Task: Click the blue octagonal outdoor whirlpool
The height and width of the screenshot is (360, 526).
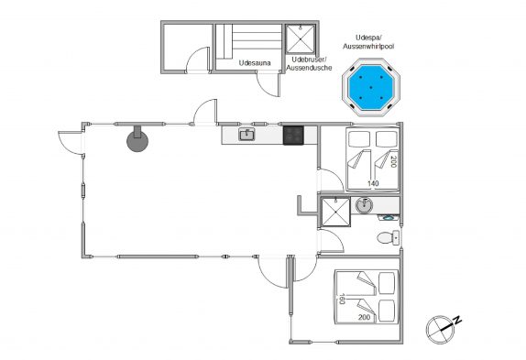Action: click(371, 88)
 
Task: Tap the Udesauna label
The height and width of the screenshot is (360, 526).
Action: click(255, 62)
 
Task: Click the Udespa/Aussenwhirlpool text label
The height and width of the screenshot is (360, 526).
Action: click(368, 42)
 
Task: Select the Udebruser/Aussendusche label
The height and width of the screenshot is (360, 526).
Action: click(309, 63)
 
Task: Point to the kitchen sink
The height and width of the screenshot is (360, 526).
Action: click(247, 135)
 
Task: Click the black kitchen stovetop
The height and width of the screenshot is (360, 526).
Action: click(293, 135)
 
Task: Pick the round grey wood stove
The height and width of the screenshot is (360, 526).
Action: click(137, 139)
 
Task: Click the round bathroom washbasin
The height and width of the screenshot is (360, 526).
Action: click(364, 205)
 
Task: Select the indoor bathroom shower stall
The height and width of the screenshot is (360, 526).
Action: click(335, 212)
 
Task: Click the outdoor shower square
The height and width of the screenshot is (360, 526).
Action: click(301, 38)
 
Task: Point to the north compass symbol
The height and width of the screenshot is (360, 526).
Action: click(440, 330)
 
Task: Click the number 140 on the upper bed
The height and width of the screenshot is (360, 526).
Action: click(373, 183)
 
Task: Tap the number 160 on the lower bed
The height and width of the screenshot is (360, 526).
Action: click(342, 299)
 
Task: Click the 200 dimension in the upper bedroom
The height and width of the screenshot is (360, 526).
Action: click(394, 162)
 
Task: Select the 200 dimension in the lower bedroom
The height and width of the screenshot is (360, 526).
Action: click(365, 317)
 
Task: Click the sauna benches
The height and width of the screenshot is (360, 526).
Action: click(249, 41)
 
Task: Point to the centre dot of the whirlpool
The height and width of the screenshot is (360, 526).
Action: click(371, 88)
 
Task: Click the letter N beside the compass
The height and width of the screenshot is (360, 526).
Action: click(457, 321)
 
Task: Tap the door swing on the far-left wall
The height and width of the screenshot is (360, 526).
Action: click(70, 143)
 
